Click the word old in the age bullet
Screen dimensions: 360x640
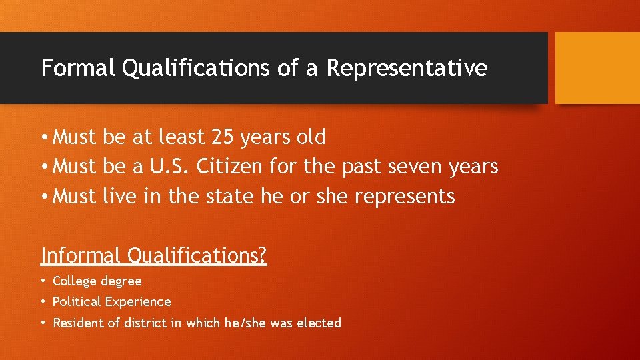311,137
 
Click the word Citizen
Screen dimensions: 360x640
229,167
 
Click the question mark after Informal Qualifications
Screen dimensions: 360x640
263,255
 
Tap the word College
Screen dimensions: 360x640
75,281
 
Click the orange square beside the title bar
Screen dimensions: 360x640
597,67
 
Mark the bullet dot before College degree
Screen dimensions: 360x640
43,281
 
